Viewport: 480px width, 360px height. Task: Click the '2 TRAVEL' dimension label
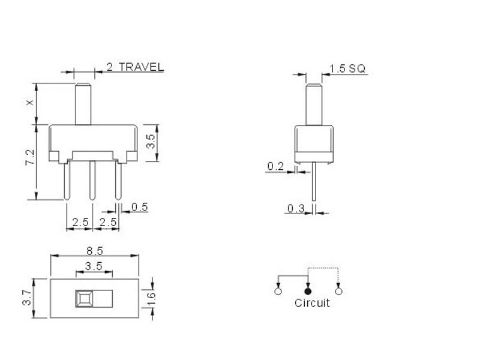(135, 67)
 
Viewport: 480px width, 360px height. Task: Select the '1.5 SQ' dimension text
(347, 68)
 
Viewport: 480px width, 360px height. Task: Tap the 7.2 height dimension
(30, 157)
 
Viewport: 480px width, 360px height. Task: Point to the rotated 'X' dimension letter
(29, 103)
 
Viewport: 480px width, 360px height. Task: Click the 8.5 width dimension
(95, 251)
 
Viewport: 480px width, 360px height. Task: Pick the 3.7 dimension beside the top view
(27, 298)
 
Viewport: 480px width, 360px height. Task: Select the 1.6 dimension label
(151, 298)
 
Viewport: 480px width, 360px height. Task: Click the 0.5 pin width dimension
(140, 207)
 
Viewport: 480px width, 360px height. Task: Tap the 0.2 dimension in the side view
(275, 166)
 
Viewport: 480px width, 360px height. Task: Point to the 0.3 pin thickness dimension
(296, 209)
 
